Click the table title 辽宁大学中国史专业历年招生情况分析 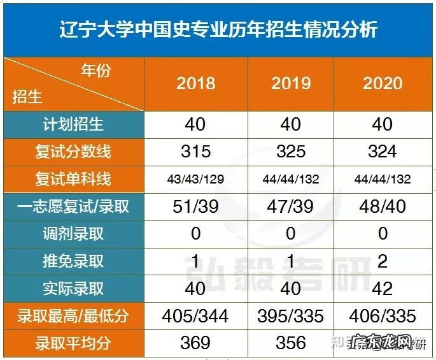218,29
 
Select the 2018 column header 195,83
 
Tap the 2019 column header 291,83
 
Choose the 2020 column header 383,83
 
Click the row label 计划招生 73,124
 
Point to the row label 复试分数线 73,152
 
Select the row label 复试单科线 73,179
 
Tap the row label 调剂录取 73,234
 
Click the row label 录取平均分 73,343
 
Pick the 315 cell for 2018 195,152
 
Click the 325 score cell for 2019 291,152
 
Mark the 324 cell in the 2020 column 383,152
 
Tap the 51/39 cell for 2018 195,206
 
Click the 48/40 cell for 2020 383,206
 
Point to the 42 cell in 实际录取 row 383,289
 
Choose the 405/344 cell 195,316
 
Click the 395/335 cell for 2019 291,316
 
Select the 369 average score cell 195,343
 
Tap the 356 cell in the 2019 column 291,343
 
